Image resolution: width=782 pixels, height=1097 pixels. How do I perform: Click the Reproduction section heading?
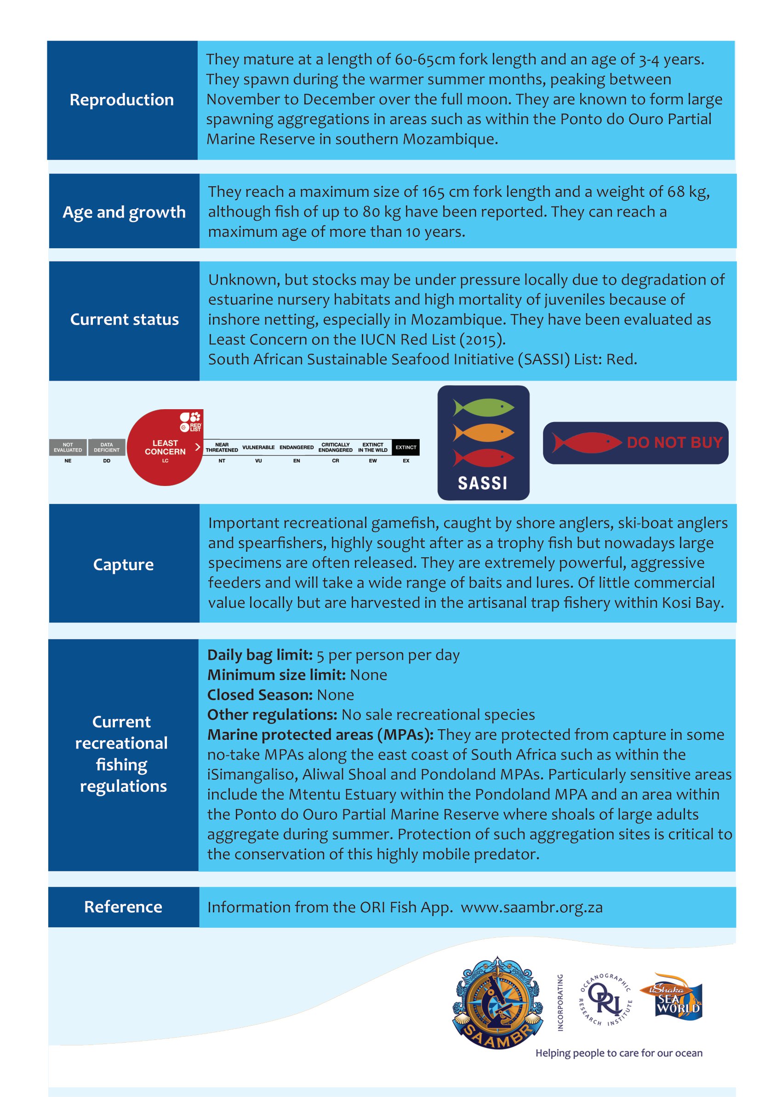pyautogui.click(x=122, y=100)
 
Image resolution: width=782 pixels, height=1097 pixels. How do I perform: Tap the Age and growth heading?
pyautogui.click(x=124, y=212)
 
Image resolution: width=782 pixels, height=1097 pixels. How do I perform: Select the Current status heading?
pyautogui.click(x=124, y=319)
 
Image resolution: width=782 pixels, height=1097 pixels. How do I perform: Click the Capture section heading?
pyautogui.click(x=123, y=565)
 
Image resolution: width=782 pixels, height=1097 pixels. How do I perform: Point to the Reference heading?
pyautogui.click(x=123, y=907)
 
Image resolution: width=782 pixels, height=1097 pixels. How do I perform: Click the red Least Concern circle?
pyautogui.click(x=165, y=448)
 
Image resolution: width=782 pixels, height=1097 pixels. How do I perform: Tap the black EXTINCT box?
pyautogui.click(x=405, y=447)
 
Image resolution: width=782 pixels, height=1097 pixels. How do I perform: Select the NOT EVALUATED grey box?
pyautogui.click(x=68, y=447)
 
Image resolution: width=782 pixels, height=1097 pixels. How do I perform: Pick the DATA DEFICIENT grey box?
pyautogui.click(x=106, y=447)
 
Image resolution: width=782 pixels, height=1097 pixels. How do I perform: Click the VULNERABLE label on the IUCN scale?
pyautogui.click(x=258, y=447)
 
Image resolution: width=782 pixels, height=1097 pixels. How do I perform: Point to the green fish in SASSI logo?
pyautogui.click(x=484, y=407)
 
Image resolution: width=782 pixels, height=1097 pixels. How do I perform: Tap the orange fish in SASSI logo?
pyautogui.click(x=484, y=433)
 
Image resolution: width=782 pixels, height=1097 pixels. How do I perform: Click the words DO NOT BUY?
pyautogui.click(x=674, y=443)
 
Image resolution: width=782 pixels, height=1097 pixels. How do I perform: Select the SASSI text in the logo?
pyautogui.click(x=483, y=483)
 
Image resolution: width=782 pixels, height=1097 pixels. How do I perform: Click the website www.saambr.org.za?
pyautogui.click(x=531, y=907)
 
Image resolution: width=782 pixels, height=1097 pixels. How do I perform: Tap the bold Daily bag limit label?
pyautogui.click(x=260, y=655)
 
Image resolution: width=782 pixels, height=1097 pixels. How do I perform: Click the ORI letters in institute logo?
pyautogui.click(x=605, y=1000)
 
